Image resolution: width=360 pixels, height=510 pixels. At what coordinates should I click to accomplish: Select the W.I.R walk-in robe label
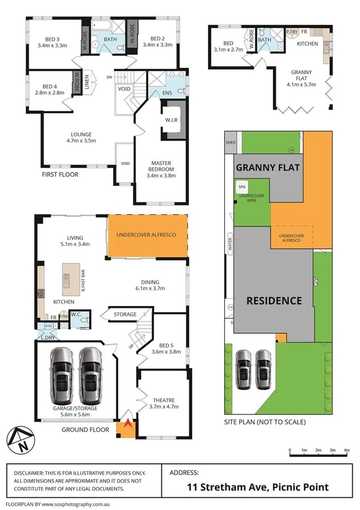click(x=169, y=120)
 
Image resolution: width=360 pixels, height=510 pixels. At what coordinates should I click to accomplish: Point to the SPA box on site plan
click(x=242, y=187)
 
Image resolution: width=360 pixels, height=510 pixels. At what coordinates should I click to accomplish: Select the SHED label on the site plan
click(x=230, y=143)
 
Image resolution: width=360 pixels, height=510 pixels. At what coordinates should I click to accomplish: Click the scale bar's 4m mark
click(x=347, y=450)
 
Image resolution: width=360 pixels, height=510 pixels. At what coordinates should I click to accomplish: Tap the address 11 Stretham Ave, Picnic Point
click(x=258, y=487)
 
